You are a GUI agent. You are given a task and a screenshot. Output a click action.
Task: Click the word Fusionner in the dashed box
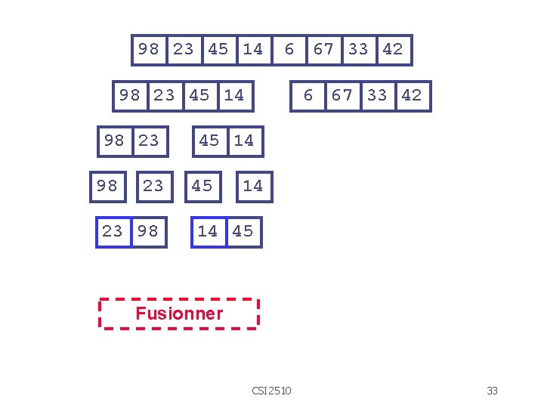(x=179, y=314)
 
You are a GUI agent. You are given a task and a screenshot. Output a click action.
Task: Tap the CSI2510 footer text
(x=272, y=391)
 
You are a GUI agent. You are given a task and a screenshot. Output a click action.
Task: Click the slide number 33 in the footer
(x=493, y=391)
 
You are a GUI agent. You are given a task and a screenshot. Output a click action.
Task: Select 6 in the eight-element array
(x=289, y=50)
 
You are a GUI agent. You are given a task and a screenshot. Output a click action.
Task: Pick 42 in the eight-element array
(x=393, y=50)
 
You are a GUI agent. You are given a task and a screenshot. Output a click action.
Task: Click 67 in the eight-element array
(x=323, y=50)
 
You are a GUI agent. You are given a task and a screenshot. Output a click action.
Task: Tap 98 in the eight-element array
(x=149, y=50)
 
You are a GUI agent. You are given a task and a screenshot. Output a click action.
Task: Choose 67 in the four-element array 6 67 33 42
(x=342, y=95)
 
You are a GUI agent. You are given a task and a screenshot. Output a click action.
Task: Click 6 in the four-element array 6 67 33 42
(x=308, y=95)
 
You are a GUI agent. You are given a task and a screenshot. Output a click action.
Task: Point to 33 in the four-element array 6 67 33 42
(x=377, y=95)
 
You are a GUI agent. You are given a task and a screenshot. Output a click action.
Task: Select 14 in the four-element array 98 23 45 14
(x=234, y=95)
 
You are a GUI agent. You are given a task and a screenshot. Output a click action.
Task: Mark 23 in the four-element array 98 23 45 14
(x=164, y=95)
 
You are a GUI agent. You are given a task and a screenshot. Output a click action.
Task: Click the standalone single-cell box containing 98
(x=107, y=186)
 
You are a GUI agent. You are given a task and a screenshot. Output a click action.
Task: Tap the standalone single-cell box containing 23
(x=153, y=186)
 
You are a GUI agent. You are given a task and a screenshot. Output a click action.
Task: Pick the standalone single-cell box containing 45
(x=202, y=186)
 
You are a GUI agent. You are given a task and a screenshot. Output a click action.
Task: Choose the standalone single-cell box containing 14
(x=252, y=186)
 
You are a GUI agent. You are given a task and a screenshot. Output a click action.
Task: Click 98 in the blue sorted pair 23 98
(x=148, y=231)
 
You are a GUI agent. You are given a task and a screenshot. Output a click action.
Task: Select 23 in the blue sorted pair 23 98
(x=112, y=231)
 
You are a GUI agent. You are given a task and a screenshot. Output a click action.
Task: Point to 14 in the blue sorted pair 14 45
(x=208, y=231)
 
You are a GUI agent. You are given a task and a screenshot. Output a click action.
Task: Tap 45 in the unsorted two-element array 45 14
(x=209, y=141)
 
